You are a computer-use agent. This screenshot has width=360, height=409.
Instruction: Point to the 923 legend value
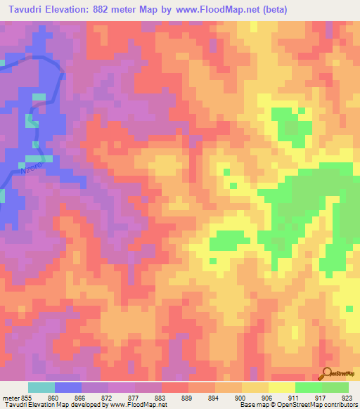347,397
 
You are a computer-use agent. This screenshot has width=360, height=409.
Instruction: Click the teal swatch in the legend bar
41,387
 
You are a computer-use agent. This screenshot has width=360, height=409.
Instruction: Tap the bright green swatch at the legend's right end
335,387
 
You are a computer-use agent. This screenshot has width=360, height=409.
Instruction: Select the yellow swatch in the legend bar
281,387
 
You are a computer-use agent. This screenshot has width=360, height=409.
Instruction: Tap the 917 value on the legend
321,397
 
